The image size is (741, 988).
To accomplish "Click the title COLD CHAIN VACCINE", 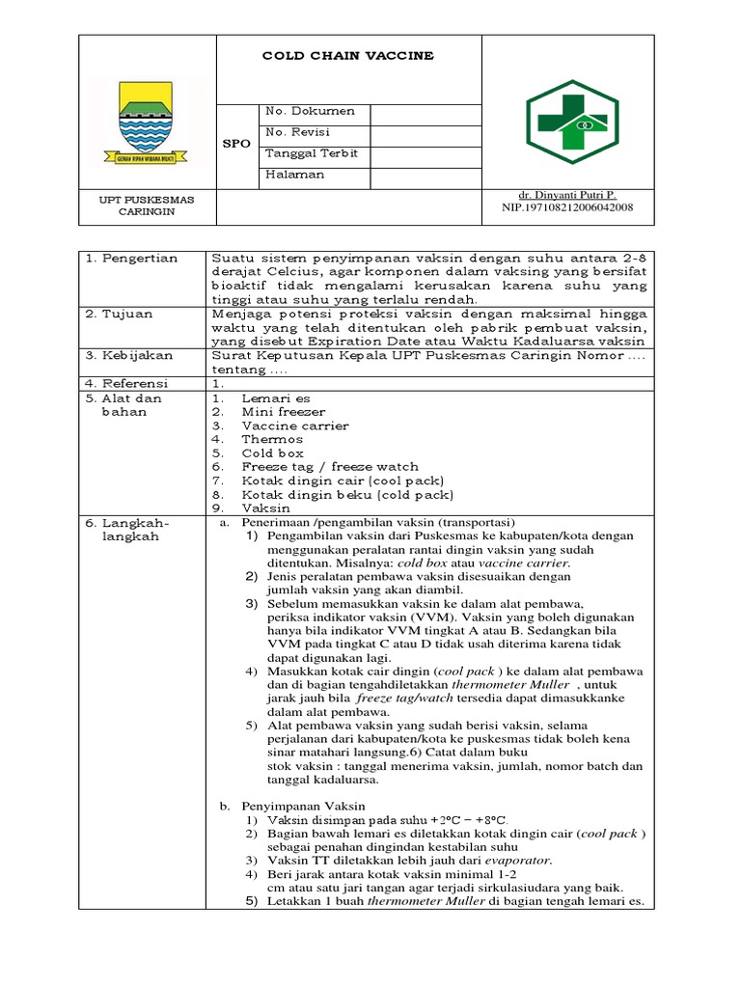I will point(348,56).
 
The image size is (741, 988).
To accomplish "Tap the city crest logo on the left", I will point(148,123).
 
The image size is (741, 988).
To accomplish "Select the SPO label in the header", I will point(236,144).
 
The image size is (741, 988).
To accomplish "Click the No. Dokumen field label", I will point(310,112).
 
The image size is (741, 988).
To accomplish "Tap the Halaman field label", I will point(295,176).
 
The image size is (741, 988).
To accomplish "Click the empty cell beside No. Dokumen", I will point(425,113).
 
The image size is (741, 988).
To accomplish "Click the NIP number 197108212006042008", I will point(567,207).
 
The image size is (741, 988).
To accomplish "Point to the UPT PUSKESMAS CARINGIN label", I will point(148,206).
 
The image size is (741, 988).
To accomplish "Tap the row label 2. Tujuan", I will point(120,315).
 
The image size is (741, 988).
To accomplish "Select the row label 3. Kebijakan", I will point(128,356).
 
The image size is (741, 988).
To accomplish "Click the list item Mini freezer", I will point(284,412).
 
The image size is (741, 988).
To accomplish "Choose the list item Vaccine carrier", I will point(295,425).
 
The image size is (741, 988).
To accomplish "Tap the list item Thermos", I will point(272,439).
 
